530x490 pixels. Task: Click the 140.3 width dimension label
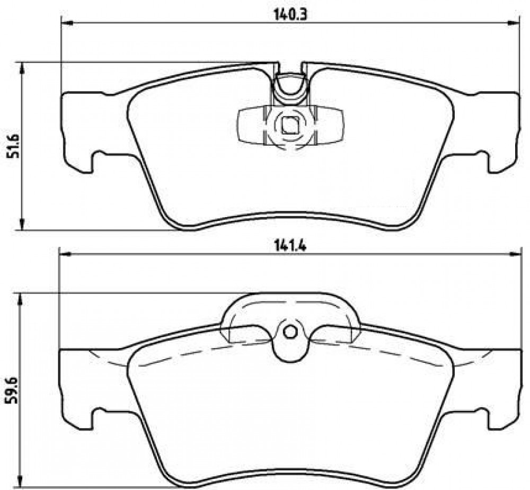click(290, 15)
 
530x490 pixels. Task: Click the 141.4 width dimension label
click(290, 247)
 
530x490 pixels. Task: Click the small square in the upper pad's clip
click(290, 124)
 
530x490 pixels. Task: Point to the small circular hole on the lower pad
click(290, 333)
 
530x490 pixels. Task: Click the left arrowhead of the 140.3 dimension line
click(67, 23)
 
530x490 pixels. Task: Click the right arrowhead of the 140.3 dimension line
click(514, 23)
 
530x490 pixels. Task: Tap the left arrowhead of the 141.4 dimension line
click(65, 254)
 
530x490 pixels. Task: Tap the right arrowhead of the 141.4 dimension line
click(515, 254)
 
